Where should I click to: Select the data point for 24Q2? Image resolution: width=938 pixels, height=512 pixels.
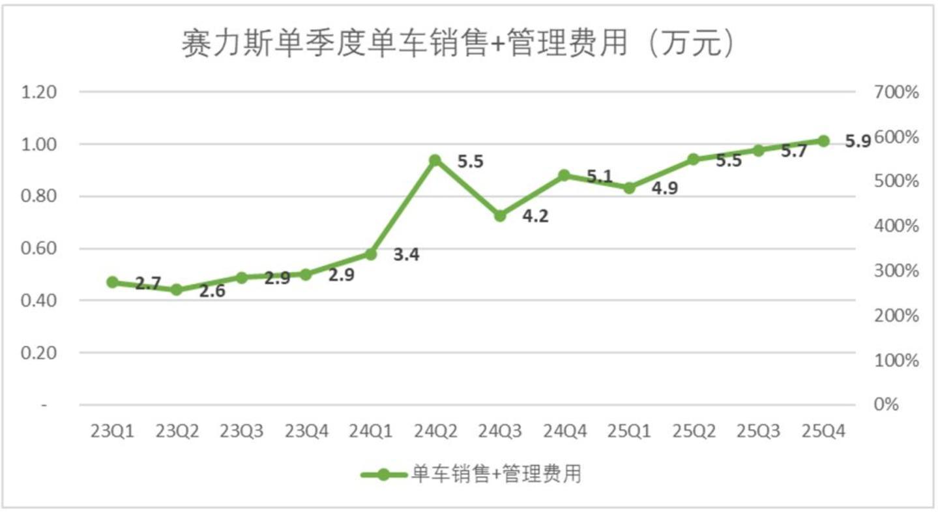point(435,160)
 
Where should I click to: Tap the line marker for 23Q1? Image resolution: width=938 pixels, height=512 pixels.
point(113,282)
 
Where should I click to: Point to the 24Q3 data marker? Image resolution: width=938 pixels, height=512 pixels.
point(500,215)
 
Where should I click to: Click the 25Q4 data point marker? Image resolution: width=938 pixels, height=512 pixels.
point(823,141)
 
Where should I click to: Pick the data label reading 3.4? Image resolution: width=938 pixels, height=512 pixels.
point(406,255)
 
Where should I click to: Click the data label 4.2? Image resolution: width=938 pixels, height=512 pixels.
point(535,216)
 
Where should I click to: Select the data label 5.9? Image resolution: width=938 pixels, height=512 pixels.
point(858,141)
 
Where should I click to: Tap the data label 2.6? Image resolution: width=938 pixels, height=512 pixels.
point(212,292)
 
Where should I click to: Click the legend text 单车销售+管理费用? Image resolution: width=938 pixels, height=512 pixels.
point(495,475)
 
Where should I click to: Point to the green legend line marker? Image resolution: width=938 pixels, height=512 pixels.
point(384,475)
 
